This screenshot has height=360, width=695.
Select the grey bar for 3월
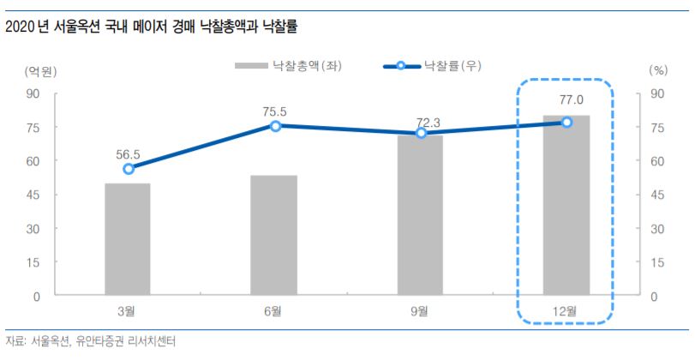coord(128,240)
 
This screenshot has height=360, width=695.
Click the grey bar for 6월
coord(274,236)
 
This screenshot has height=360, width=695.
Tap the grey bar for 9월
coord(420,215)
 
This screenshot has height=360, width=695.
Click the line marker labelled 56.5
coord(129,169)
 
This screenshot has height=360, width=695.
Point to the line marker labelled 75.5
coord(275,126)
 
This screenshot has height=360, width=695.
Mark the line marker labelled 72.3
coord(421,133)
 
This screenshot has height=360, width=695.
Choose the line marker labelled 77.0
coord(566,123)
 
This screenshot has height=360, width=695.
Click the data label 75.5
coord(274,111)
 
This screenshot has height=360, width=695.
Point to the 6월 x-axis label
coord(274,311)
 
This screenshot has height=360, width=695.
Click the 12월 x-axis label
coord(566,311)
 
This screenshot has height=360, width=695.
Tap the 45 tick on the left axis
coord(35,195)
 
